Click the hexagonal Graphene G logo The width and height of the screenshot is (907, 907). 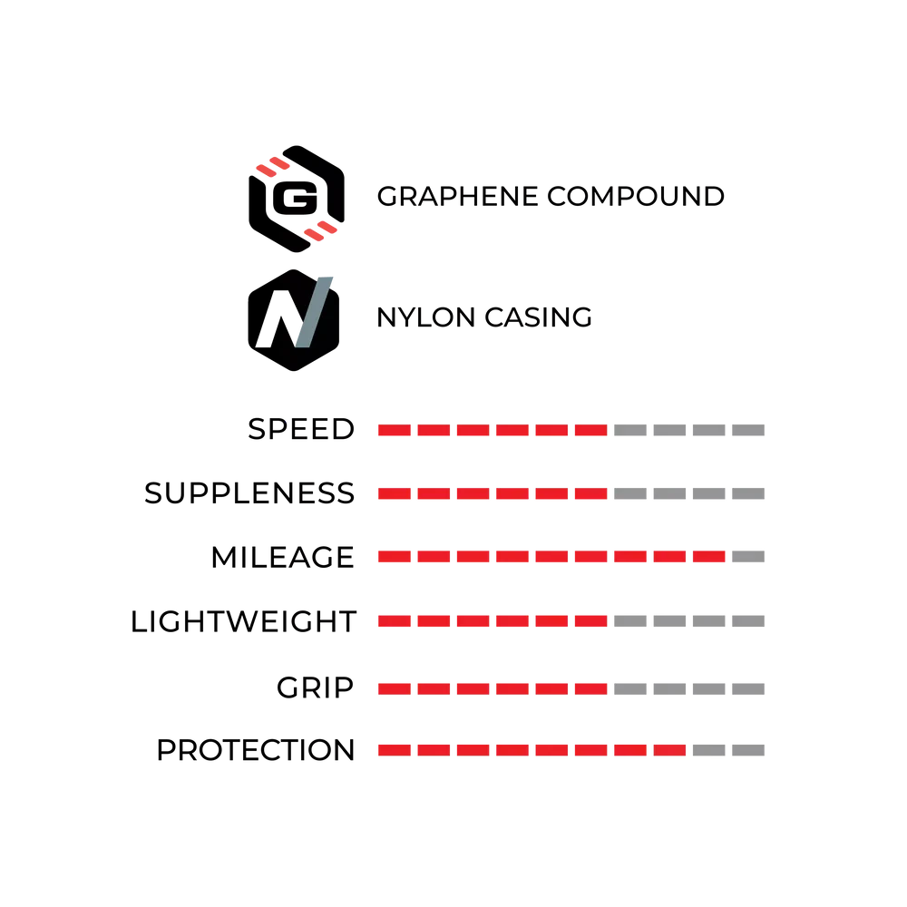click(x=297, y=199)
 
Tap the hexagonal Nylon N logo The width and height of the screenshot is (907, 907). click(x=293, y=320)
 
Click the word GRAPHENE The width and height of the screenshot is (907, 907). click(x=457, y=197)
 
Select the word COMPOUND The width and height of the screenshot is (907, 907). click(x=636, y=197)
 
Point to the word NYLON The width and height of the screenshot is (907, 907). click(x=425, y=317)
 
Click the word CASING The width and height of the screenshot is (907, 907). click(x=538, y=317)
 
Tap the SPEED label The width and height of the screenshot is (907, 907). click(x=301, y=429)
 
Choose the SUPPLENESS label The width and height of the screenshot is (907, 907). click(x=249, y=493)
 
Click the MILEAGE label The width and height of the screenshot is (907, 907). click(x=282, y=558)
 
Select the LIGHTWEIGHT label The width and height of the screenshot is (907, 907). click(x=243, y=622)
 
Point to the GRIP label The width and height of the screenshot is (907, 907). click(x=315, y=688)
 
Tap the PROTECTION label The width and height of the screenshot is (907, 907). click(x=255, y=750)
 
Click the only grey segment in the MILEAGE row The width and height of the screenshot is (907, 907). click(x=748, y=557)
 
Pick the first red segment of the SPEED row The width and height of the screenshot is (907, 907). click(x=395, y=430)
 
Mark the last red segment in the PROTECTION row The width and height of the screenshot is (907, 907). click(x=670, y=750)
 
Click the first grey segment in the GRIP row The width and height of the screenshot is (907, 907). click(x=630, y=689)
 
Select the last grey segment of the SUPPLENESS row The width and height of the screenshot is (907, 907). click(x=748, y=493)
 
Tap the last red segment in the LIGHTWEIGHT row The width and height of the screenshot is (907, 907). click(x=591, y=621)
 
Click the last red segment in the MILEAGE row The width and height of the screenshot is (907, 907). click(x=709, y=557)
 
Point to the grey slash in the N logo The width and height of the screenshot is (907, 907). click(x=314, y=313)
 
